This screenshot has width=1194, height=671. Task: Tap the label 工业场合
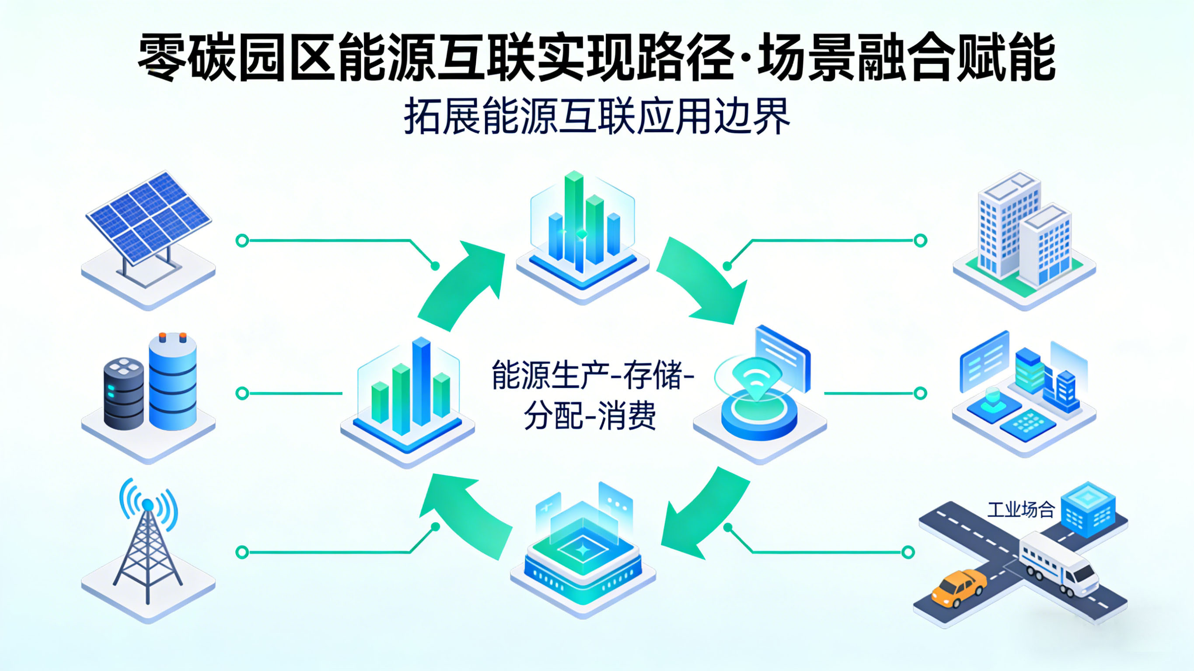1021,510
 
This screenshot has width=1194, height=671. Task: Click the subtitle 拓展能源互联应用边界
597,117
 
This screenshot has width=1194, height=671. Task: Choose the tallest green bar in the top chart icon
574,218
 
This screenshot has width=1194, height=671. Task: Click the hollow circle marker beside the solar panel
242,240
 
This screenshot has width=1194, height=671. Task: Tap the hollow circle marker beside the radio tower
242,552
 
